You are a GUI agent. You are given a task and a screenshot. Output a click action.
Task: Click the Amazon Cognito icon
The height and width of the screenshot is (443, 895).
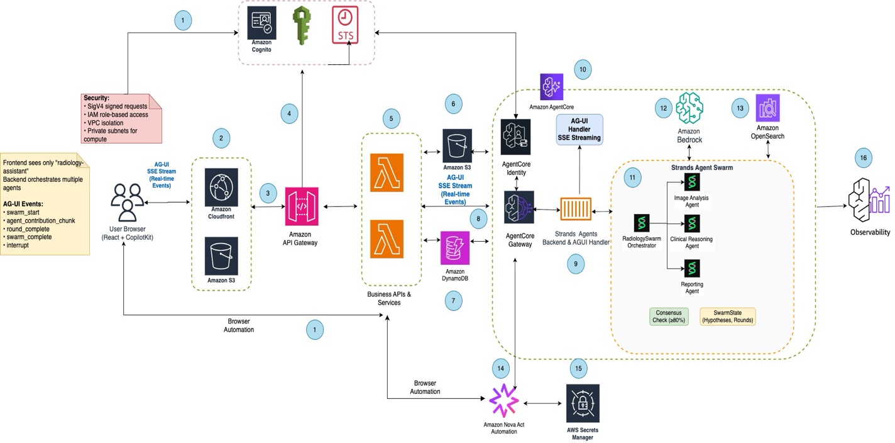point(261,23)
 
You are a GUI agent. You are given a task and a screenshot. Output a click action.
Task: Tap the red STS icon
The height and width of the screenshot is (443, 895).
point(345,25)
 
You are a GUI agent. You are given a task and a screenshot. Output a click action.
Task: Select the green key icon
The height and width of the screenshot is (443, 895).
point(302,25)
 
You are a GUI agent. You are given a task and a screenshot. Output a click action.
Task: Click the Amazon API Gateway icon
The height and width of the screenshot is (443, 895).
point(302,206)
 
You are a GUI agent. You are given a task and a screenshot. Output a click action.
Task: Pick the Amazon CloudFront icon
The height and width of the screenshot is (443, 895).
point(221,188)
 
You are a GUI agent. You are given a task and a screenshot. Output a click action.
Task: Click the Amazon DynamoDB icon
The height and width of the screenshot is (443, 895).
point(454,248)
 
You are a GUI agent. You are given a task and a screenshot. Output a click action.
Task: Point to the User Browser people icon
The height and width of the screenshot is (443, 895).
point(128,203)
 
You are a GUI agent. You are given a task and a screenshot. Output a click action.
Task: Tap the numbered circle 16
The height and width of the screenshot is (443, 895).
point(864,158)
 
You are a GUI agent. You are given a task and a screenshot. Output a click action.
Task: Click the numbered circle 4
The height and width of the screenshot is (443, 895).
point(289,114)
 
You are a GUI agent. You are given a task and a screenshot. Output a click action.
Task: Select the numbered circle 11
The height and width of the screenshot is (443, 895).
point(632,177)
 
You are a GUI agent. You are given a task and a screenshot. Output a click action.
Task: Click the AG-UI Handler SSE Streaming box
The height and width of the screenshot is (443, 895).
point(579,129)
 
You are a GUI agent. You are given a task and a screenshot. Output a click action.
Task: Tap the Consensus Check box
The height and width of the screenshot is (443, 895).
point(669,317)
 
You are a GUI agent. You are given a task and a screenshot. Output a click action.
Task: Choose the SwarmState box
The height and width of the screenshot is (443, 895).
point(728,317)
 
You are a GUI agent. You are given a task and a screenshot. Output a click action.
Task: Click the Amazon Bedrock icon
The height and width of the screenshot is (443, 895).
point(689,108)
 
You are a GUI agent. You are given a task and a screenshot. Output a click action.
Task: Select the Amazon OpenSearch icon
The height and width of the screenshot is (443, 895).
point(767,108)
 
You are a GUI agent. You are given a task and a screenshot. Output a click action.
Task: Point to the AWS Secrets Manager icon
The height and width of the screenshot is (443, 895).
point(583,403)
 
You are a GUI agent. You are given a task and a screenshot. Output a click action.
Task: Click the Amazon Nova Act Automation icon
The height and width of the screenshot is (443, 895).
point(504,401)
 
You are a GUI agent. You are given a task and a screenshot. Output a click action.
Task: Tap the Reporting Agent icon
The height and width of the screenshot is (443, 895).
point(692,269)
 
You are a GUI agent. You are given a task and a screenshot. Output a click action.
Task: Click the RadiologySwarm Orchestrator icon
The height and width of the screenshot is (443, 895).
point(642,223)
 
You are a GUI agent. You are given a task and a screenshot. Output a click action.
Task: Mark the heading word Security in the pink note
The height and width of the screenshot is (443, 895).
point(96,98)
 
